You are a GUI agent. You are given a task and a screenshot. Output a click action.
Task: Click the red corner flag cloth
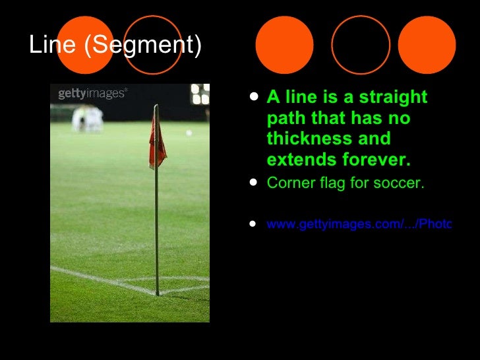tap(157, 138)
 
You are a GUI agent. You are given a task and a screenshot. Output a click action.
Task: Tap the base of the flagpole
tap(158, 293)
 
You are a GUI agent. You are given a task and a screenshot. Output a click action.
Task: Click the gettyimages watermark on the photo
tap(92, 94)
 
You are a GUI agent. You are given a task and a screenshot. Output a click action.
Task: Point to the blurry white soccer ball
tap(189, 133)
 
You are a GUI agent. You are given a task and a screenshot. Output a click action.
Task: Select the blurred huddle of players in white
tap(88, 119)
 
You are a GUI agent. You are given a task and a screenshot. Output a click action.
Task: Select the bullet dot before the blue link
tap(255, 224)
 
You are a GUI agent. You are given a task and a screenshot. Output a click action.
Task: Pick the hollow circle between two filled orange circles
tap(360, 45)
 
